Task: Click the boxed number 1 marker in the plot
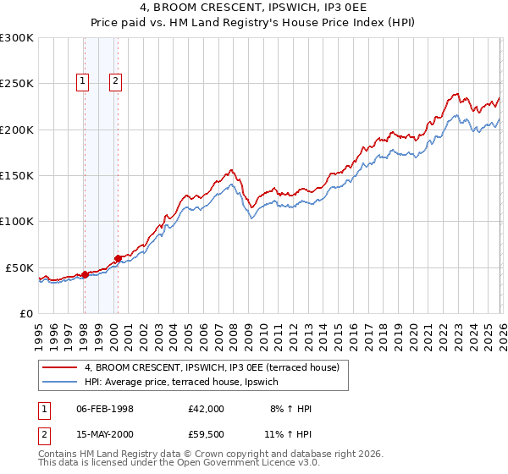click(83, 82)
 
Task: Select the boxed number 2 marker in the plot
click(115, 82)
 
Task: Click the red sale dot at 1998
click(85, 274)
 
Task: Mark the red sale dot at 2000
click(119, 258)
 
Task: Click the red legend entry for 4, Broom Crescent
click(212, 367)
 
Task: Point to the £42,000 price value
click(207, 409)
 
